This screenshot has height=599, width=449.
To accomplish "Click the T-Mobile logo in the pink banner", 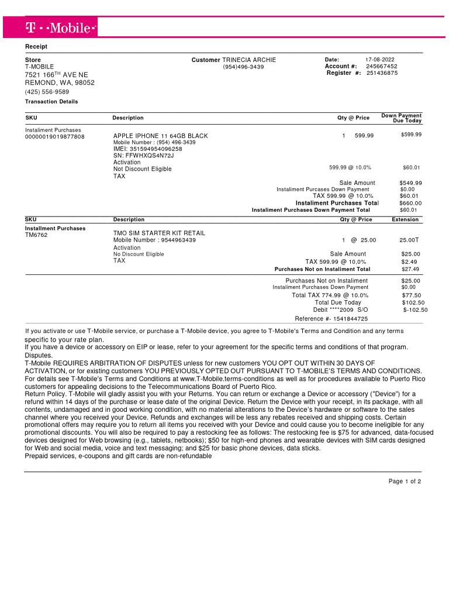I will point(61,27).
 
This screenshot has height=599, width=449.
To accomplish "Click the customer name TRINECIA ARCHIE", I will point(249,60).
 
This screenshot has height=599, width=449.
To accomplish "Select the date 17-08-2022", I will point(380,60).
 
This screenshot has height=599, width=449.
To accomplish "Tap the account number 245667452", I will point(382,67).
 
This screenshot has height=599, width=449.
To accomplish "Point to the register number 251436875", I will point(382,73).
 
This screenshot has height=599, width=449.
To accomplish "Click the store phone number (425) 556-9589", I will point(47,92).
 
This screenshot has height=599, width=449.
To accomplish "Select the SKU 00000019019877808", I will point(54,137).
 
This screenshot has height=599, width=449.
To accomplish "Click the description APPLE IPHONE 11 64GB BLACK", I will point(160,136).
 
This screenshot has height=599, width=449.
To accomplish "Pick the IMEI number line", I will point(147,149).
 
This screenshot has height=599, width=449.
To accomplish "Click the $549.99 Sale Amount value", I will point(410,183).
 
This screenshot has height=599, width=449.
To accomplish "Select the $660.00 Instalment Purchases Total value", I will point(410,203).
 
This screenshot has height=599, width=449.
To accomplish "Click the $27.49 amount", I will point(410,270).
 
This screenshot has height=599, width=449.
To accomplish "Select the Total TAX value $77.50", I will point(411,295).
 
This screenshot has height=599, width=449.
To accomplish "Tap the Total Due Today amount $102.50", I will point(413,302).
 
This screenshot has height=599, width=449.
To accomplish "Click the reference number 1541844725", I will point(350,319).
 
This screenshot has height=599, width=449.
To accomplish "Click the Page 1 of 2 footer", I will point(405,481).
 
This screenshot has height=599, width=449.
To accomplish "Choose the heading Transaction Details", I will point(51,102).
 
